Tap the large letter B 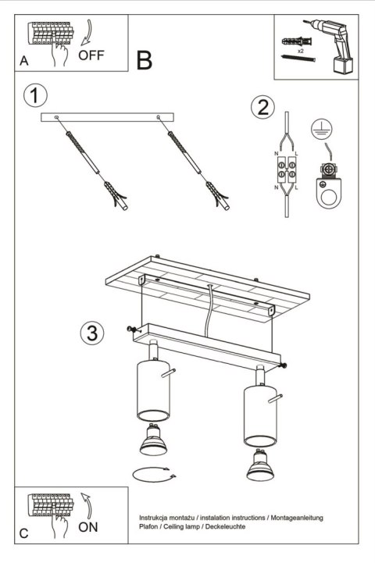145,61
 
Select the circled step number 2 263,107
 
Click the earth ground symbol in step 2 319,132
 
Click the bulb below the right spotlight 257,466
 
